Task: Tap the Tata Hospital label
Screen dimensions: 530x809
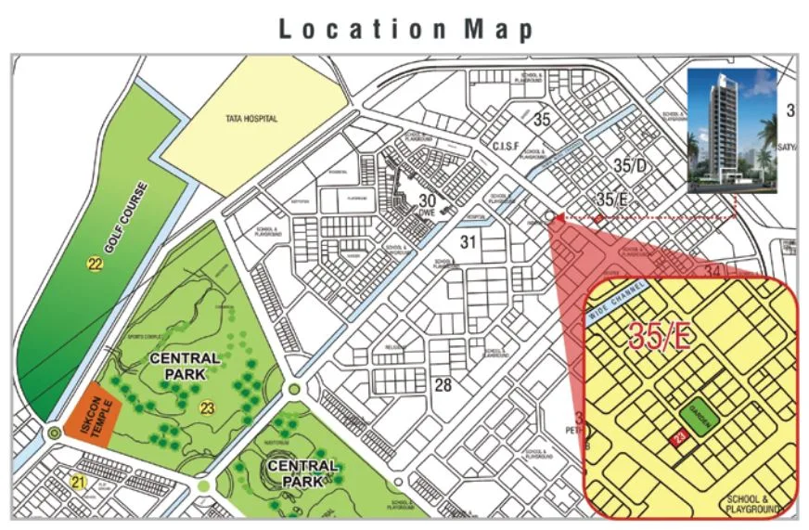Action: pos(251,119)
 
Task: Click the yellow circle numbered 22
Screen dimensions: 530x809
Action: pos(95,265)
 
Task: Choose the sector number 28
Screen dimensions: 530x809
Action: pos(443,384)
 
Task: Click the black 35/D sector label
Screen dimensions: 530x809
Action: pos(628,166)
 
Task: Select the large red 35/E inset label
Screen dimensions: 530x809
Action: pos(660,336)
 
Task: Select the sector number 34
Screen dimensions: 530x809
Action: pos(713,271)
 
